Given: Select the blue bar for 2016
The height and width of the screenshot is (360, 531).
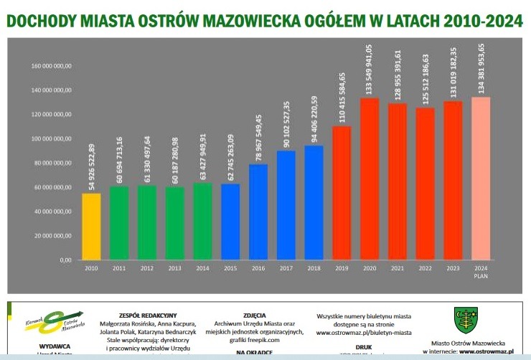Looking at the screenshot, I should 258,212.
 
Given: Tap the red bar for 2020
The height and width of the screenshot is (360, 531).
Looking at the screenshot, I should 370,179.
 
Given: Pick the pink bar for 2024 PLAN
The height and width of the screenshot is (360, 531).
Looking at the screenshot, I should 481,179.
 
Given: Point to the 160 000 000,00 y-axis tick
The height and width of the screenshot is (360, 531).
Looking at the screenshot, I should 52,66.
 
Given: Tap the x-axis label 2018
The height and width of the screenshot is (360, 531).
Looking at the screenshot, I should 314,268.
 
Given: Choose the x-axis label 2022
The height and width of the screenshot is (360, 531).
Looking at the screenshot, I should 425,268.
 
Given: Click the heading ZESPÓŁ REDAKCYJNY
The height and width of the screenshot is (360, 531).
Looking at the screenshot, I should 148,315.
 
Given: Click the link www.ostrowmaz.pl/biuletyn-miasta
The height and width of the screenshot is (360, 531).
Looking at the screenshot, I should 363,333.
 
